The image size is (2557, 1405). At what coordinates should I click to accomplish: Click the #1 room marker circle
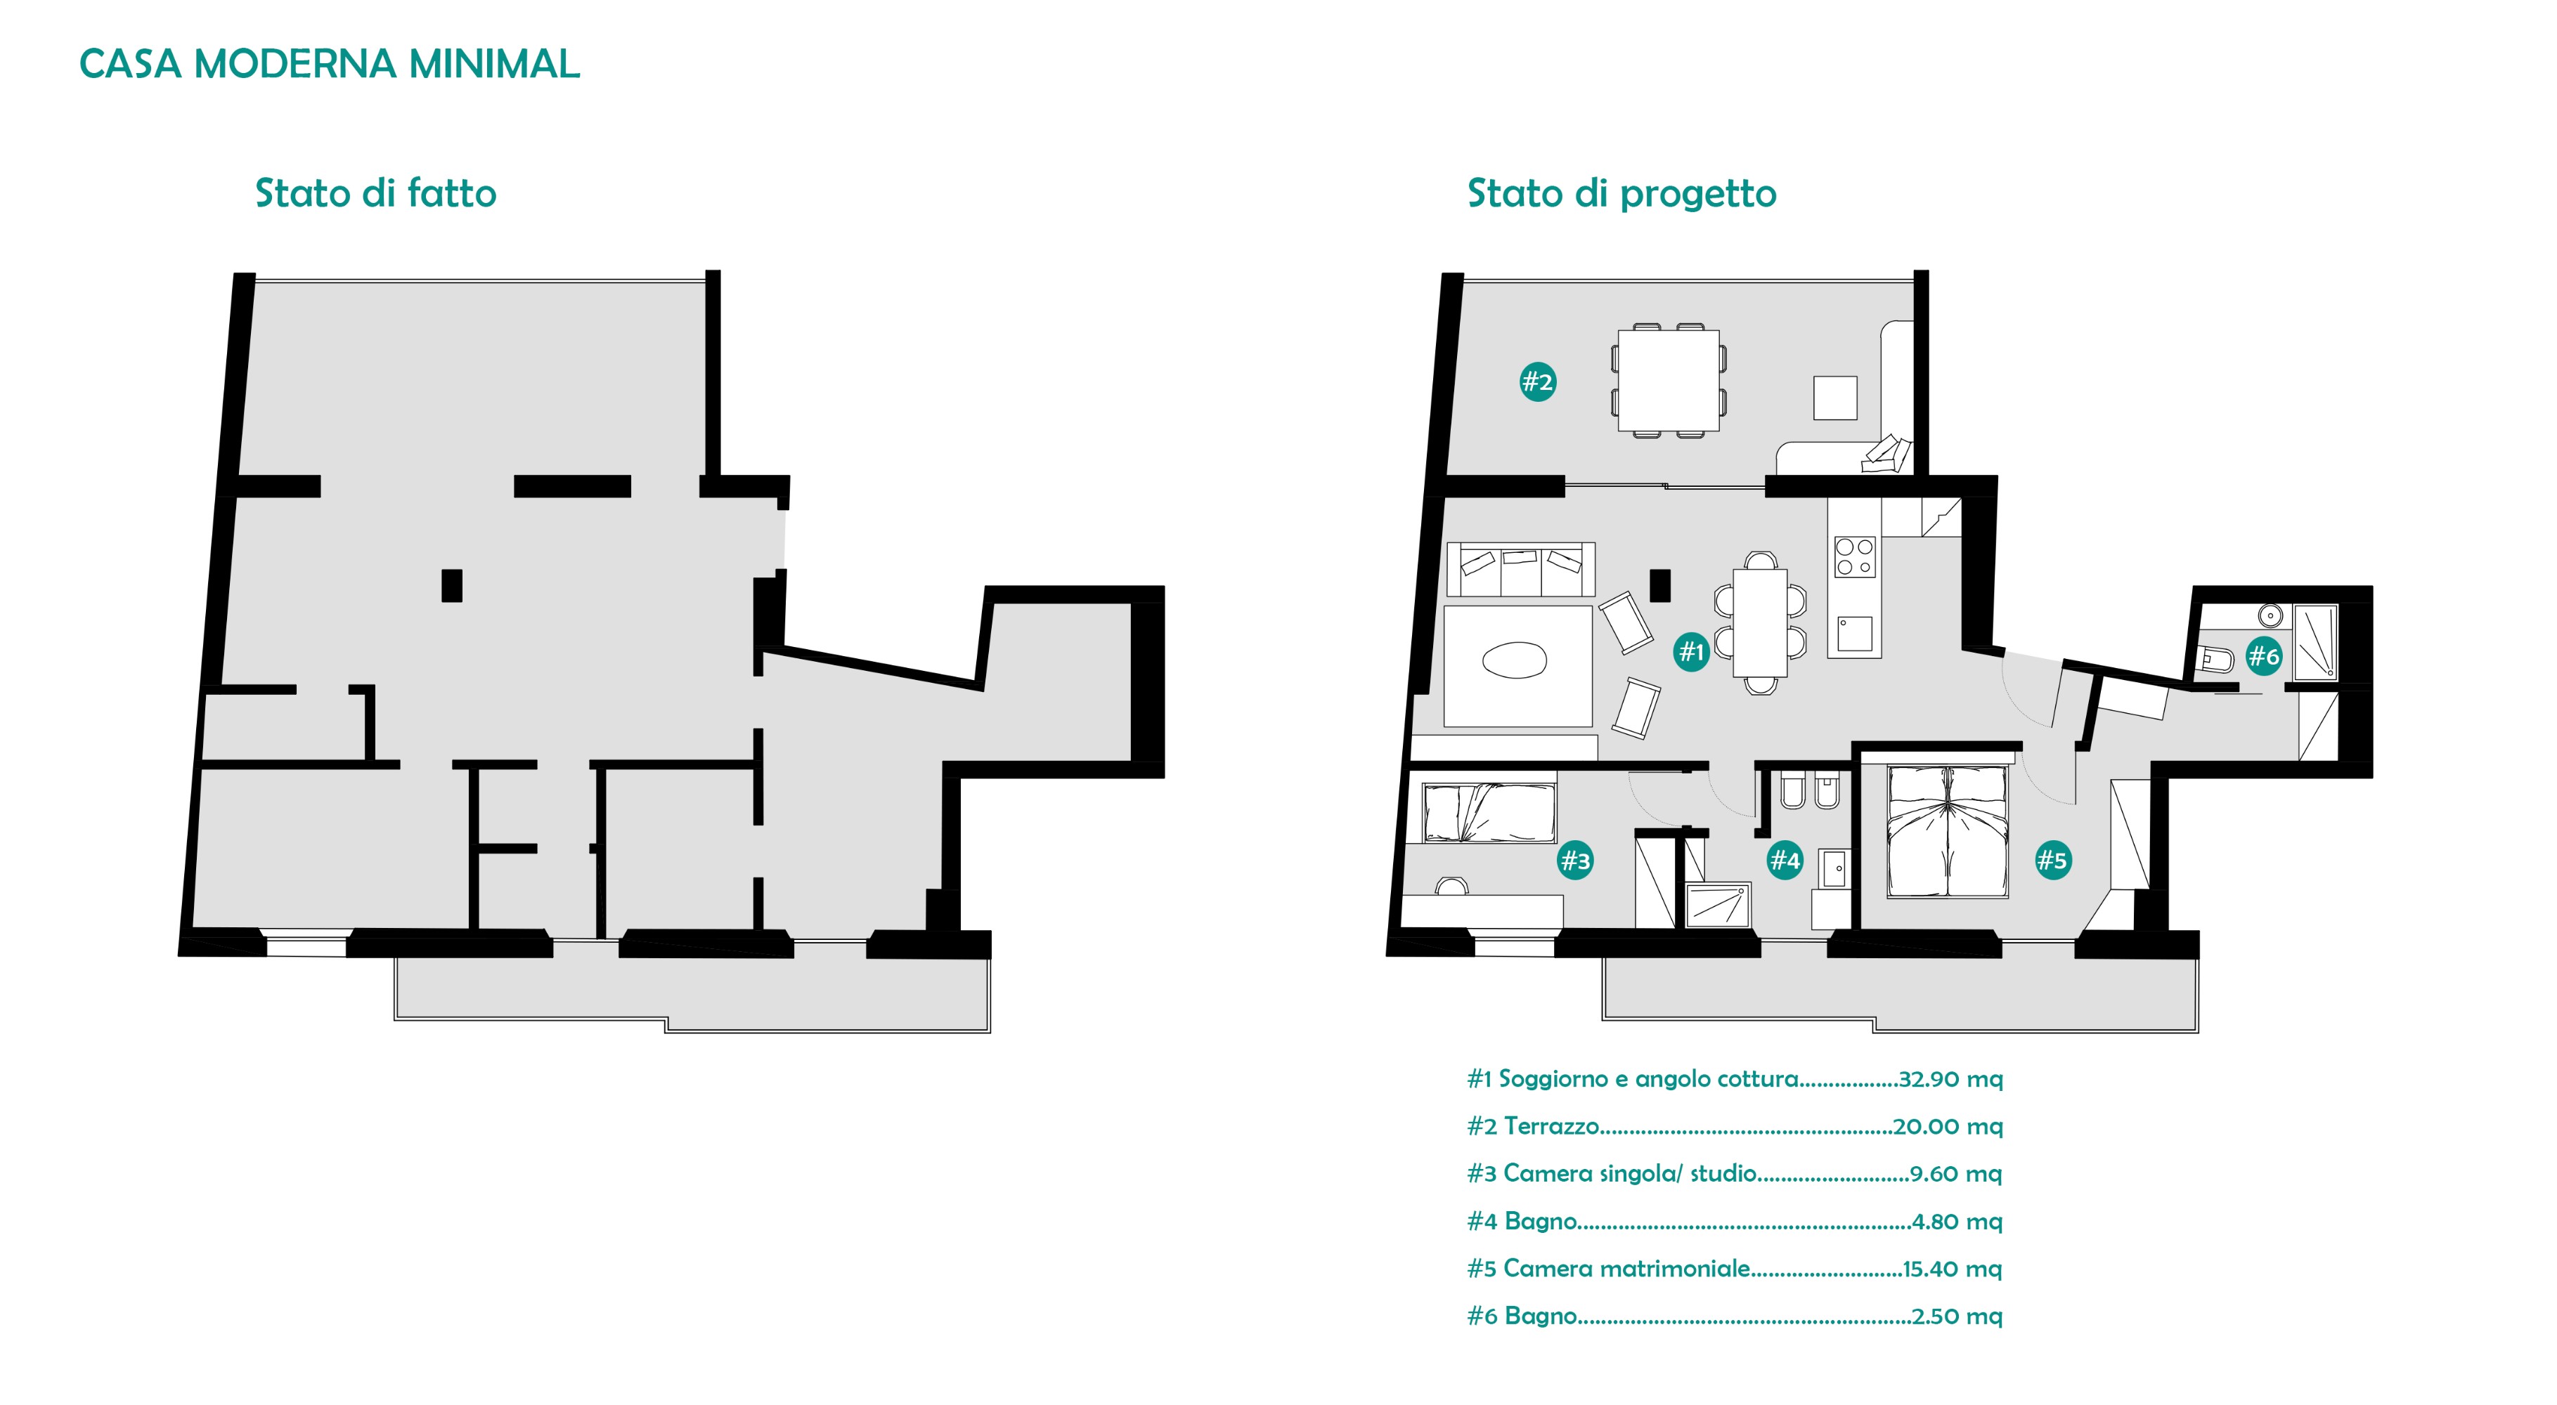[1690, 652]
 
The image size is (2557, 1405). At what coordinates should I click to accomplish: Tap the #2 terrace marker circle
[1536, 381]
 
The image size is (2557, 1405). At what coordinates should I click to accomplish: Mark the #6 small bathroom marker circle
[2263, 655]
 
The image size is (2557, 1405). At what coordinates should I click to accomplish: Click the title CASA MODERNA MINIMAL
[330, 65]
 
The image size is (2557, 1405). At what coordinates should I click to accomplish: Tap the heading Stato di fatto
[376, 192]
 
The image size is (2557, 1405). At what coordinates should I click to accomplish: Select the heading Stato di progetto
[1622, 193]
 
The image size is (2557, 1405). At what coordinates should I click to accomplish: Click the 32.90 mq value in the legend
[1950, 1078]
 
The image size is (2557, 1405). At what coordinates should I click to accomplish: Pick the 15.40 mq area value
[1953, 1268]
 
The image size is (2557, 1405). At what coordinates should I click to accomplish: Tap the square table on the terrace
[1669, 381]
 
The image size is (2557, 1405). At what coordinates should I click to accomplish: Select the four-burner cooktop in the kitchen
[1854, 556]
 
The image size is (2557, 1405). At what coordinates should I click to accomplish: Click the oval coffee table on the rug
[1514, 660]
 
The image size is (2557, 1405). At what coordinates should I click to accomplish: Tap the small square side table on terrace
[1834, 398]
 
